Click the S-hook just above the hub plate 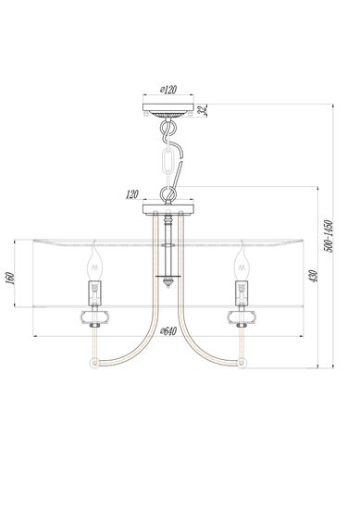point(168,192)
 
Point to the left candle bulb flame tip point(93,247)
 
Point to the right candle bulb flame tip point(242,247)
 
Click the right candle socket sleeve point(242,292)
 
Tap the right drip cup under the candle point(242,317)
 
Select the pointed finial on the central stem point(168,283)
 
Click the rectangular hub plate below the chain point(168,209)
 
